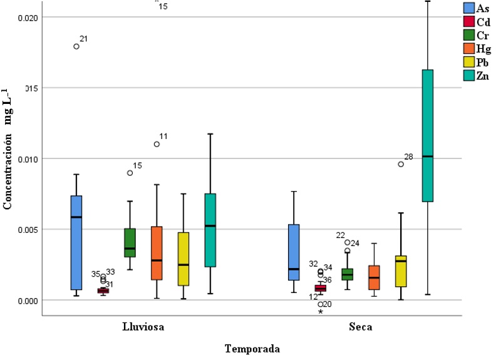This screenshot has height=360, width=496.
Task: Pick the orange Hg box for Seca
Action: pyautogui.click(x=374, y=277)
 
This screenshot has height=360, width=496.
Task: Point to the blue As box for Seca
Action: pyautogui.click(x=294, y=252)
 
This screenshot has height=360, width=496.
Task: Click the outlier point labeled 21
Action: pyautogui.click(x=76, y=46)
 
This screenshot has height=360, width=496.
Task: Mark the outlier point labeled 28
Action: pyautogui.click(x=401, y=164)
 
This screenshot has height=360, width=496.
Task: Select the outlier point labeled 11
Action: pyautogui.click(x=157, y=144)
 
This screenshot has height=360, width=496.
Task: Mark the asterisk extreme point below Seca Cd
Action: pyautogui.click(x=321, y=311)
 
